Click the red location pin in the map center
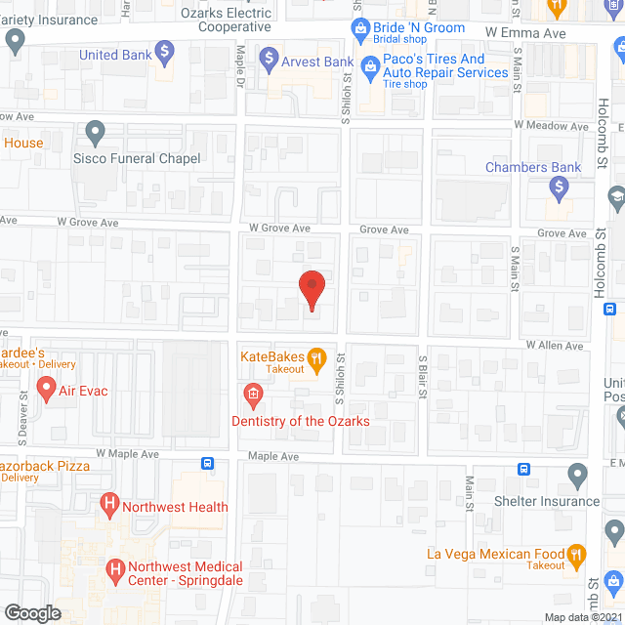coord(312,290)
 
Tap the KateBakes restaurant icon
coord(316,360)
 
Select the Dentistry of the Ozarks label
coord(300,421)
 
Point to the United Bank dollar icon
coord(166,50)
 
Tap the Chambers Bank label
coord(533,167)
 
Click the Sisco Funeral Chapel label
coord(138,158)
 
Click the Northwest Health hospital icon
coord(109,506)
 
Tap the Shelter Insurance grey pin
coord(578,478)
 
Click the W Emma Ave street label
coord(525,31)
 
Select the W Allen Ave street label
coord(554,346)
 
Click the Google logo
coord(32,612)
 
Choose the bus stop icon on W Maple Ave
coord(207,464)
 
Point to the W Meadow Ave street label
coord(553,125)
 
